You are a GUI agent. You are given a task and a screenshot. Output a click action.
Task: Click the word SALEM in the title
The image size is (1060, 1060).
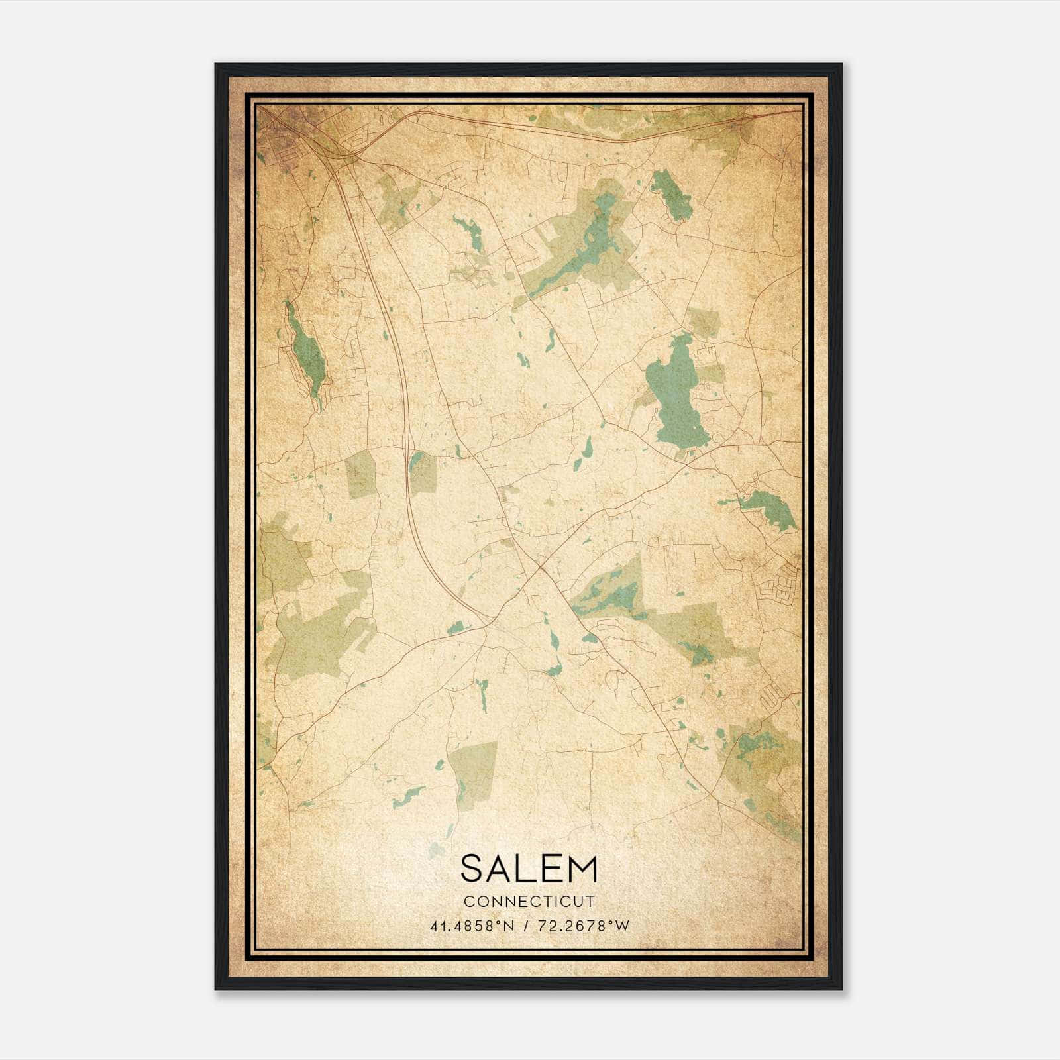[x=529, y=869]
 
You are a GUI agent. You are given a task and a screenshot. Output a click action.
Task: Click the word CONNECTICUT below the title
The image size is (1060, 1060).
[x=529, y=902]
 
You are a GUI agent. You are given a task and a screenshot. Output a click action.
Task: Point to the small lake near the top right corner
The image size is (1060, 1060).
[x=670, y=195]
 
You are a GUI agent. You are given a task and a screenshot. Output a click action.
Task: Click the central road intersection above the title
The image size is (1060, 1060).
[x=540, y=567]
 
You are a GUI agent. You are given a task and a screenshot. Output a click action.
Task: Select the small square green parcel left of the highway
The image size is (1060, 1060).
[x=360, y=474]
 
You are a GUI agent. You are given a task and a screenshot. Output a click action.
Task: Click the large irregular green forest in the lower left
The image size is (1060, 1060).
[x=318, y=629]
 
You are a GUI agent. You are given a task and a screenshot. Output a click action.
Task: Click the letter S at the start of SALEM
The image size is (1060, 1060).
[x=472, y=869]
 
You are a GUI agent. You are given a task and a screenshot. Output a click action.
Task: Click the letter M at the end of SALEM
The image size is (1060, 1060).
[x=582, y=869]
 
